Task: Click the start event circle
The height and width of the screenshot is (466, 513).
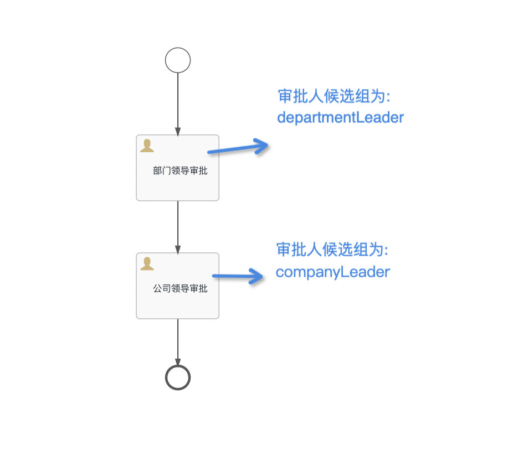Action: pyautogui.click(x=178, y=60)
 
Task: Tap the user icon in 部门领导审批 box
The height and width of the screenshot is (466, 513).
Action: pyautogui.click(x=147, y=146)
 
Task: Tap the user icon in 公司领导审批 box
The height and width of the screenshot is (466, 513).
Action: pyautogui.click(x=147, y=264)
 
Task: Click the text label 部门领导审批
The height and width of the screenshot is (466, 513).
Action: pyautogui.click(x=180, y=171)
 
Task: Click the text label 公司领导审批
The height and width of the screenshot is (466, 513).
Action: pyautogui.click(x=180, y=288)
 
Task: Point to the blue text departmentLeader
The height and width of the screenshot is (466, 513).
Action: pyautogui.click(x=340, y=117)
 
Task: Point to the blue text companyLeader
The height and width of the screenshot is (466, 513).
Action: pyautogui.click(x=333, y=272)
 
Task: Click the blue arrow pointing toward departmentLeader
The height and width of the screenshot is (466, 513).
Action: pyautogui.click(x=238, y=148)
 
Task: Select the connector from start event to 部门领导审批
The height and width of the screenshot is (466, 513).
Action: pyautogui.click(x=178, y=102)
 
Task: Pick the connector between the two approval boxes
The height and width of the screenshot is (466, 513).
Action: pyautogui.click(x=178, y=224)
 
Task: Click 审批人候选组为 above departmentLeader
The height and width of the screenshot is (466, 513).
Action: pyautogui.click(x=335, y=96)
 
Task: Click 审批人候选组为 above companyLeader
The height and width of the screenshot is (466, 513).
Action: pyautogui.click(x=332, y=250)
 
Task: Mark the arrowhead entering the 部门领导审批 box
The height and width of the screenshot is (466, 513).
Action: pyautogui.click(x=178, y=132)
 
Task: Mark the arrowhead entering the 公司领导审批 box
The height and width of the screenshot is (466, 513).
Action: pyautogui.click(x=178, y=250)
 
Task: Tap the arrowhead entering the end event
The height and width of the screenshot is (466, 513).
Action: pyautogui.click(x=178, y=363)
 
